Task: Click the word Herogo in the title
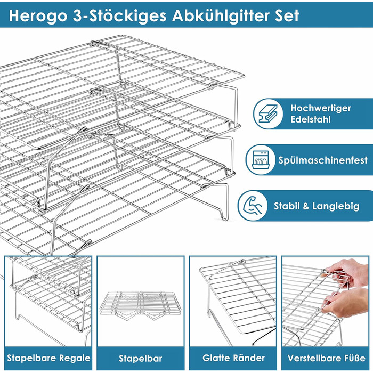pos(38,16)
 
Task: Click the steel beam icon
pos(268,113)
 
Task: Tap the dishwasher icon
pos(261,160)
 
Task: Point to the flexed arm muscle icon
pos(253,206)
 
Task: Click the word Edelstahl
pos(311,119)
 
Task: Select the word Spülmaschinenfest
pos(323,160)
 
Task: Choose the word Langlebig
pos(336,206)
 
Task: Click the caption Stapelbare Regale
pos(48,358)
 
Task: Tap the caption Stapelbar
pos(140,358)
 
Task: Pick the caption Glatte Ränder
pos(233,358)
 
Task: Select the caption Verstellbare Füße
pos(326,358)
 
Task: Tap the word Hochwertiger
pos(320,108)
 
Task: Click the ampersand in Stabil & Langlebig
pos(306,206)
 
